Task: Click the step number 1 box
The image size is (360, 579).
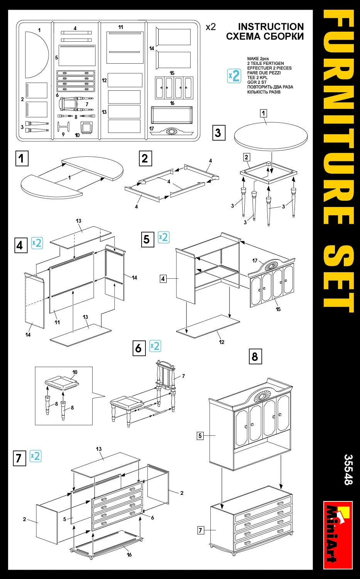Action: pos(22,158)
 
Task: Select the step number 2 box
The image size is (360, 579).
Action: pos(145,158)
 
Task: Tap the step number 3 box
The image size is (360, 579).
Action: pos(218,133)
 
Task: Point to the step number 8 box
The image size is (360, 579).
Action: pos(255,356)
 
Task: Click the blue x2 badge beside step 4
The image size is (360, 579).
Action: pos(37,243)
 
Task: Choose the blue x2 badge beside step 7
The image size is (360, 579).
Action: pos(35,456)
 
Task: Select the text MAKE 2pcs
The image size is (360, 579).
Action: pos(258,59)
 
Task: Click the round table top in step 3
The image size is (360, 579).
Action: pos(271,137)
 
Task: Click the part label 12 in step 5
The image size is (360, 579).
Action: pos(221,342)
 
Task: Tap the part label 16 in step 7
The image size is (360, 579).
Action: pos(129,555)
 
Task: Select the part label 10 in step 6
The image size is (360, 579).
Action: pos(75,372)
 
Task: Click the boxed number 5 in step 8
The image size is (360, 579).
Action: pos(200,436)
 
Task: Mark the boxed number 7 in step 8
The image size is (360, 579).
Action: pos(200,530)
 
